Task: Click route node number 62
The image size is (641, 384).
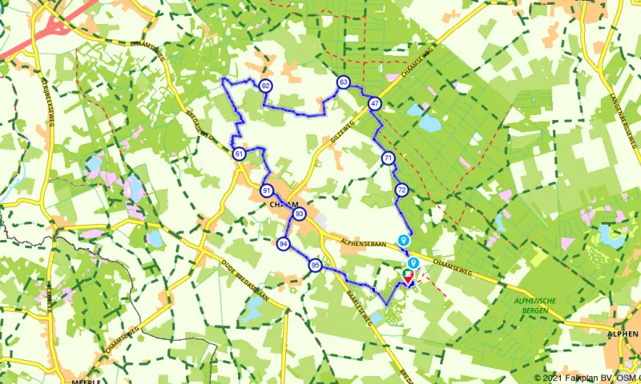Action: click(265, 86)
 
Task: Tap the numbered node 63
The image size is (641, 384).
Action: click(343, 82)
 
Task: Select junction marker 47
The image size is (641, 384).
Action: click(374, 104)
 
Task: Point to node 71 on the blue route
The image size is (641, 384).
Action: click(388, 158)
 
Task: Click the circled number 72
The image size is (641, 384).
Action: click(401, 190)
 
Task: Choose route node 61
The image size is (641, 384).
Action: click(239, 154)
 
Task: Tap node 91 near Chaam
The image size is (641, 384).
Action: click(266, 190)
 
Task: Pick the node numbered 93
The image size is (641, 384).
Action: click(299, 214)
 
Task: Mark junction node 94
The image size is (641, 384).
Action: click(283, 243)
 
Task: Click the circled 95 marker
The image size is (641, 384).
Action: click(316, 266)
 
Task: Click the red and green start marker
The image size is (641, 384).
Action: click(408, 277)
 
